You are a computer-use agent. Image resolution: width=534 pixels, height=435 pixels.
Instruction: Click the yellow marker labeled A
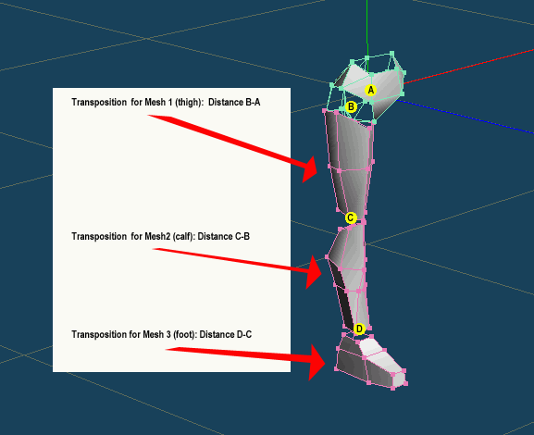tap(370, 91)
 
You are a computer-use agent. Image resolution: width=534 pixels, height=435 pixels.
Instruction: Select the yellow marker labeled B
tap(351, 107)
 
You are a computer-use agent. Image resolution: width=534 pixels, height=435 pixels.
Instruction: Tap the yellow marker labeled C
tap(351, 218)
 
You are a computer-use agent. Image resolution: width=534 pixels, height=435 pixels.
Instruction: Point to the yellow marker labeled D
tap(359, 329)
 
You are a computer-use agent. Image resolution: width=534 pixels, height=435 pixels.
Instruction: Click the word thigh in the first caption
tap(187, 103)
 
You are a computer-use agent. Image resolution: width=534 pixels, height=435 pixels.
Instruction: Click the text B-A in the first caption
tap(253, 102)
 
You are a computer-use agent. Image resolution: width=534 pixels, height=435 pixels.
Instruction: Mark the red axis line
tap(468, 66)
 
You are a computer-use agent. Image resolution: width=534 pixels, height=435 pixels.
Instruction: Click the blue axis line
tap(466, 116)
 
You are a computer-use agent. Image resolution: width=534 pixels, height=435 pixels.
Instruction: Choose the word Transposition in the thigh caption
tap(99, 103)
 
